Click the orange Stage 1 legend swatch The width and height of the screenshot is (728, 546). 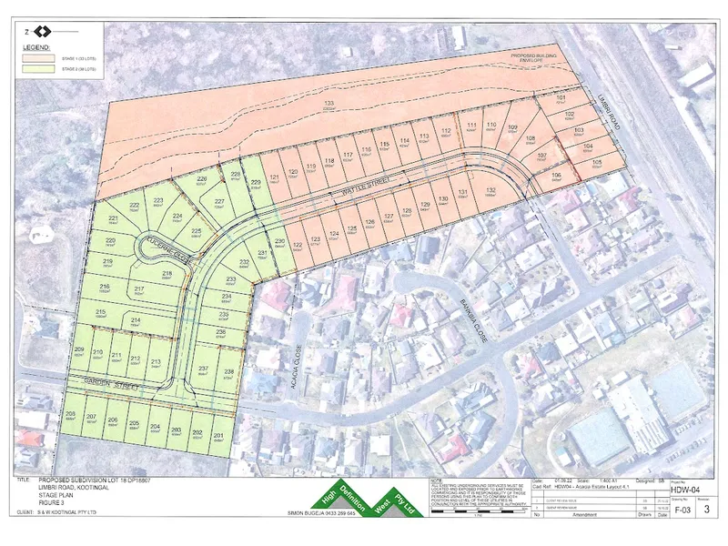pos(40,56)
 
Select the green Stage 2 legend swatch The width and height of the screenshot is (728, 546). pos(40,68)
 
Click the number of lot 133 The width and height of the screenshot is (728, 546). pos(329,104)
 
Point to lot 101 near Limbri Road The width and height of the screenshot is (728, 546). pos(561,97)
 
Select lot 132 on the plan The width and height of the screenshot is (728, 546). pos(490,190)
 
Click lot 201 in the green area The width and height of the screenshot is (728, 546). pos(218,436)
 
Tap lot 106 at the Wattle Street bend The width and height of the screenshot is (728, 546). pos(556,175)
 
